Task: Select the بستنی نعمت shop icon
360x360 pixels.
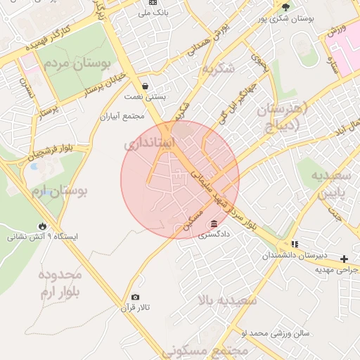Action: tap(145, 86)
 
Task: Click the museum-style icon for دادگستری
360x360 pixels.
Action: tap(212, 224)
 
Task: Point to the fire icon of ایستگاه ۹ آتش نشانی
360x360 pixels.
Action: tap(44, 225)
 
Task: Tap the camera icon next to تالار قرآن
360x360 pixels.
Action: tap(135, 297)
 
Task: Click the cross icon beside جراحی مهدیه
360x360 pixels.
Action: tap(344, 258)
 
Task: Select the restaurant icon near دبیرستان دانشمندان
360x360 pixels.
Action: tap(295, 244)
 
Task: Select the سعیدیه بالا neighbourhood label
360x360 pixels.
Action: tap(229, 301)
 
